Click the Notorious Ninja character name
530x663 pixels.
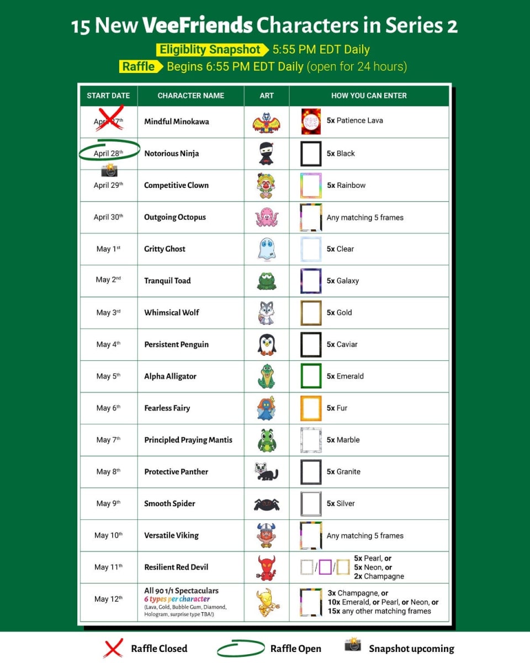tap(171, 154)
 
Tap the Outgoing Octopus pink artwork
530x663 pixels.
tap(267, 217)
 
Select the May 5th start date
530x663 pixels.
tap(108, 376)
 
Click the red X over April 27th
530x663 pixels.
tap(109, 118)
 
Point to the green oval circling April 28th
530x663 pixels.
tap(109, 153)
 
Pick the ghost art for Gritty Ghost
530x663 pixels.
tap(266, 249)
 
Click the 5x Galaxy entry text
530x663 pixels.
tap(342, 281)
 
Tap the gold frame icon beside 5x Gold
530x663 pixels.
tap(311, 313)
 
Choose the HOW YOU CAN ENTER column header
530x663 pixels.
tap(369, 96)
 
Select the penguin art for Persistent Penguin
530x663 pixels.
tap(267, 344)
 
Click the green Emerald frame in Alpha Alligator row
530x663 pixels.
tap(311, 376)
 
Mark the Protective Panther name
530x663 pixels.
tap(176, 472)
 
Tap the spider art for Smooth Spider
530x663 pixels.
tap(267, 504)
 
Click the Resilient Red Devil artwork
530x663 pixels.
tap(267, 567)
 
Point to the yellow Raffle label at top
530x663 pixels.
tap(139, 66)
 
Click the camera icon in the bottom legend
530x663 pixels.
tap(352, 645)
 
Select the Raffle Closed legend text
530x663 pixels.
tap(159, 649)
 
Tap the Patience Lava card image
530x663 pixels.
tap(311, 121)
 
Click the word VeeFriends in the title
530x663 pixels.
tap(198, 25)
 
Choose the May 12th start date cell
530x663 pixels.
tap(108, 599)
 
